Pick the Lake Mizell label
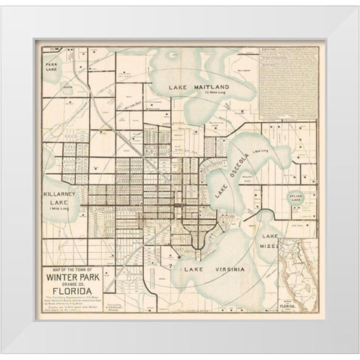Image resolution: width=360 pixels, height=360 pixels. click(x=269, y=240)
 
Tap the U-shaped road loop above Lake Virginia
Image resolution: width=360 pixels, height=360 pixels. click(x=196, y=235)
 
